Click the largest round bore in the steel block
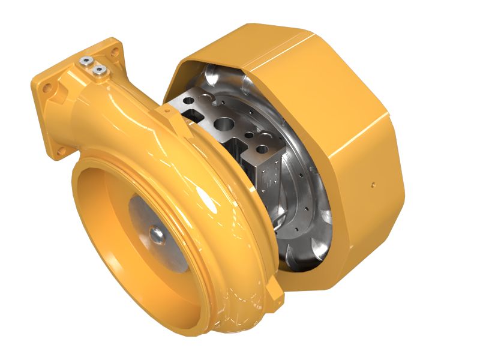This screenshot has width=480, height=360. tap(226, 125)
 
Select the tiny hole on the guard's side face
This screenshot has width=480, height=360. tap(373, 184)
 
